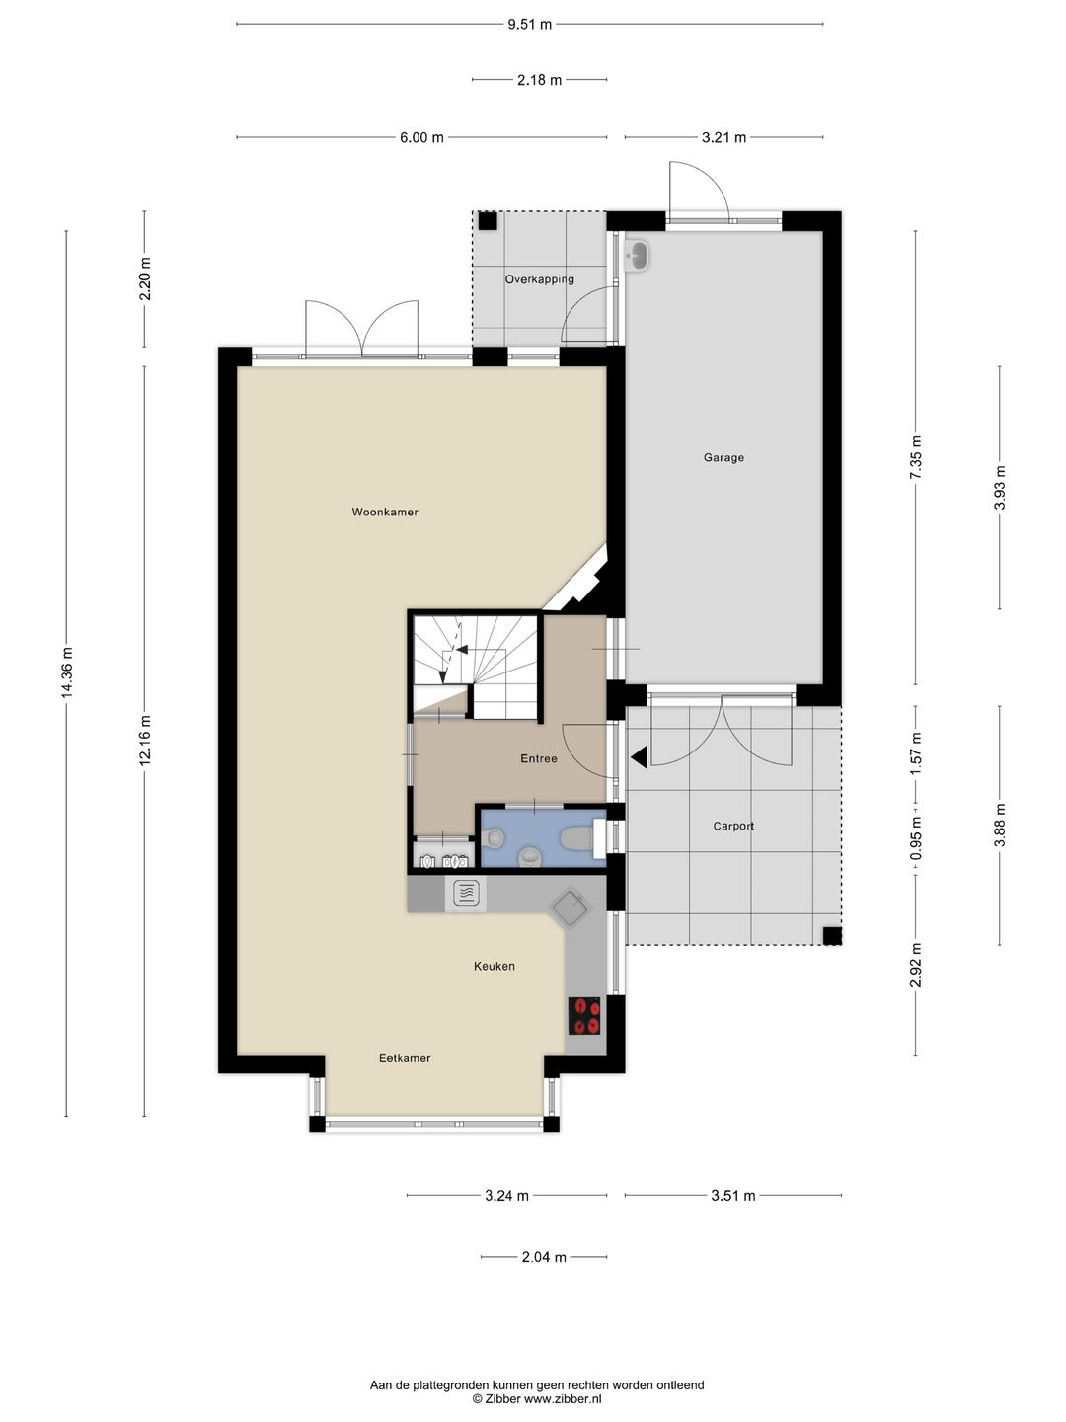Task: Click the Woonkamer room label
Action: (385, 512)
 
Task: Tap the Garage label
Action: (723, 457)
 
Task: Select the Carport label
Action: (733, 826)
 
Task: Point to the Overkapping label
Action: (539, 279)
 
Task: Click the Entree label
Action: (539, 758)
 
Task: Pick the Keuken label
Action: (495, 966)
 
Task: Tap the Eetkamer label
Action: (405, 1058)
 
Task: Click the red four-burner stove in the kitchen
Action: (584, 1015)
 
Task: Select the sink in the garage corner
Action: (638, 255)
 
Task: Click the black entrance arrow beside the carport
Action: (640, 756)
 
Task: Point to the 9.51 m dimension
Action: (529, 25)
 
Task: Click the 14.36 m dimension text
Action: (67, 673)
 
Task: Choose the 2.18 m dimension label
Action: (539, 80)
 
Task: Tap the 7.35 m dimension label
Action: (915, 457)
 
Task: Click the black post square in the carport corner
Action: (832, 936)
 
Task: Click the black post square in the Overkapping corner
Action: (488, 221)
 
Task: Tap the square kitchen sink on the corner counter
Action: (570, 908)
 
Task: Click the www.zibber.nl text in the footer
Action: (563, 1398)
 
